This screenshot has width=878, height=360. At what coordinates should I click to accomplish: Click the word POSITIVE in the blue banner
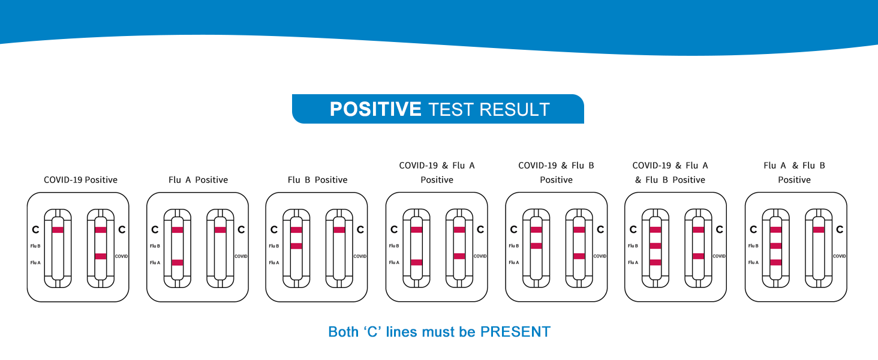[x=375, y=109]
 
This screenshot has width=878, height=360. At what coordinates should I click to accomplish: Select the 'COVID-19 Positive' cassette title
[x=80, y=179]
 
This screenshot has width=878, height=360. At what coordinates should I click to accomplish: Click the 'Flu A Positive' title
[x=199, y=179]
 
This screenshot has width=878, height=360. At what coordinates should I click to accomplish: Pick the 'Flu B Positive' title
[x=317, y=179]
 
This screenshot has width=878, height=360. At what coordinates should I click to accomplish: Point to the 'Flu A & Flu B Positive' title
[x=794, y=172]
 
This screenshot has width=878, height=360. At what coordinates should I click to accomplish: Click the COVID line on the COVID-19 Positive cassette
[x=100, y=256]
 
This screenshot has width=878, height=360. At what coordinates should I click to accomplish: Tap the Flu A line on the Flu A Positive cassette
[x=178, y=262]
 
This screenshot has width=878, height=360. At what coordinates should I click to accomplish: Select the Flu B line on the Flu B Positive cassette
[x=296, y=246]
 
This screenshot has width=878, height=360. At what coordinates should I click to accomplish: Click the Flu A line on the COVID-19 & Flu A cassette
[x=416, y=262]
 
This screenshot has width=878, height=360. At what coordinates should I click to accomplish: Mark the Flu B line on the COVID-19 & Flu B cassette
[x=536, y=246]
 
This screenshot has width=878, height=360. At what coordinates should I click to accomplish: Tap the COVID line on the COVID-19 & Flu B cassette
[x=579, y=256]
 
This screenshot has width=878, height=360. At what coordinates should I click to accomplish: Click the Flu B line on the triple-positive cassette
[x=655, y=246]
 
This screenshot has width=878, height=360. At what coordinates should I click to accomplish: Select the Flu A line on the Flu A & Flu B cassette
[x=775, y=262]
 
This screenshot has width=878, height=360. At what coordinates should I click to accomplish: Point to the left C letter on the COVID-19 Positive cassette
[x=35, y=229]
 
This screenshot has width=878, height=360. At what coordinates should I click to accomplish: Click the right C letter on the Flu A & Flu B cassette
[x=840, y=229]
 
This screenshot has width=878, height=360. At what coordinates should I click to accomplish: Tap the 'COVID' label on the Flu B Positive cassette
[x=360, y=256]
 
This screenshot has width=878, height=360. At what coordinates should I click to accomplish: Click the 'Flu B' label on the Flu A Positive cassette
[x=155, y=246]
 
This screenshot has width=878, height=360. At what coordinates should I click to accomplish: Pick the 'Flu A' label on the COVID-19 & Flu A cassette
[x=394, y=262]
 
